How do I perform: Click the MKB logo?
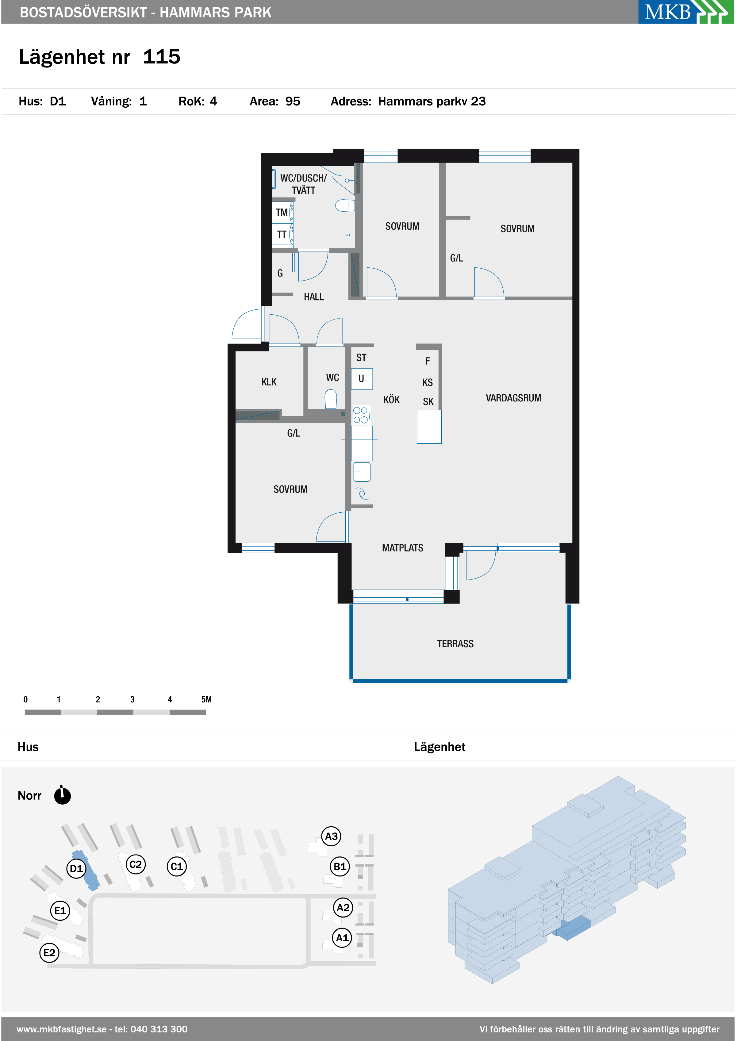686,12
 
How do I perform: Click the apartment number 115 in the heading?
162,57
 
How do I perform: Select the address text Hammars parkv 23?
432,101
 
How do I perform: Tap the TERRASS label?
455,644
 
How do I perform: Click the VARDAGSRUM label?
513,398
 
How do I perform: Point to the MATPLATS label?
402,548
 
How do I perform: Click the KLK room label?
269,382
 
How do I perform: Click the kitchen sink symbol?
362,472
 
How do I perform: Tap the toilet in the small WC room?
331,399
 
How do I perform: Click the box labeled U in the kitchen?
362,379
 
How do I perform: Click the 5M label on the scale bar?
206,699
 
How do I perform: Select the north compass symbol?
62,795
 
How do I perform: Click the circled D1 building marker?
76,868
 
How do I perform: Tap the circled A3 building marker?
331,836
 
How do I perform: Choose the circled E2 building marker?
49,953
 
